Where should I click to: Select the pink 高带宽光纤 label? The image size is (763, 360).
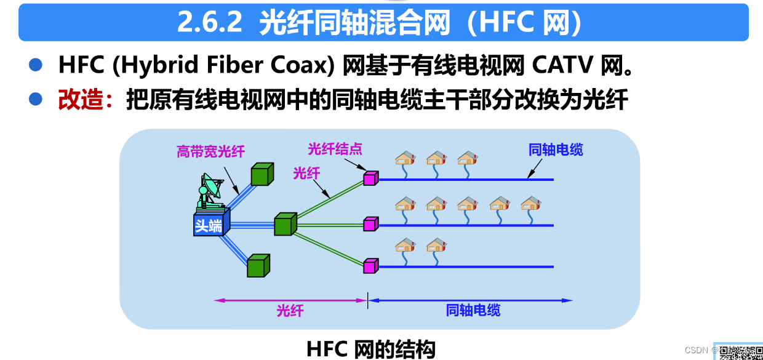point(210,151)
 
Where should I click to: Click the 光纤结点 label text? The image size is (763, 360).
point(335,149)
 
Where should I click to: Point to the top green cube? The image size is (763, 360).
point(260,175)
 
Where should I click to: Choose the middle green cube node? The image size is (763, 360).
point(284,224)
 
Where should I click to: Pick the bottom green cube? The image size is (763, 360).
point(258,266)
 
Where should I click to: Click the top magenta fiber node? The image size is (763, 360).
point(370,178)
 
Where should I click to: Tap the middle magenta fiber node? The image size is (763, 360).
point(370,224)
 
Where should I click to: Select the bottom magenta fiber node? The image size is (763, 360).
point(370,266)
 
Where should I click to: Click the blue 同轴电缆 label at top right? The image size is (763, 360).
point(556,150)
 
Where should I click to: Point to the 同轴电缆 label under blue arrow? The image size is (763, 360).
point(473,310)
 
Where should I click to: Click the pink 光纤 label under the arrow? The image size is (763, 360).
point(290,310)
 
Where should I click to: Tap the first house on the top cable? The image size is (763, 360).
point(405,159)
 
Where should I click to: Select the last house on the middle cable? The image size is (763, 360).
point(530,204)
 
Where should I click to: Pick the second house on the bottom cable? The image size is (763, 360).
point(436,246)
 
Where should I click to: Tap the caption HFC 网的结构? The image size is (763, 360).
point(370,349)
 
